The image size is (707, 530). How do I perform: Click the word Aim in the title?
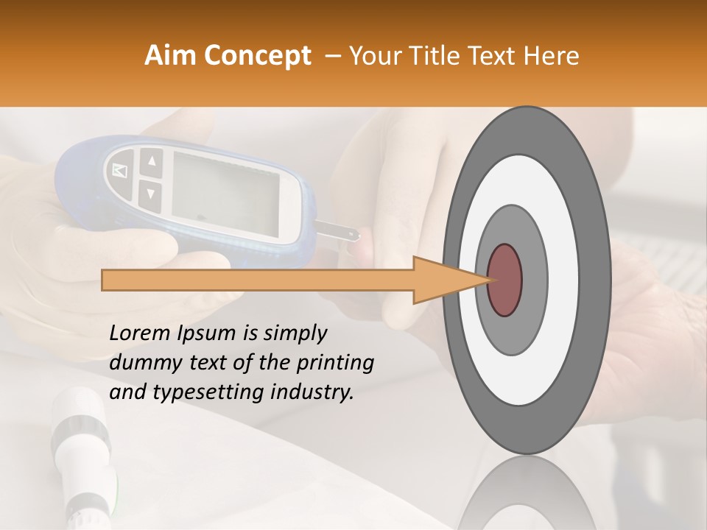pos(171,56)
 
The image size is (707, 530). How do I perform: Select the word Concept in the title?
pos(257,56)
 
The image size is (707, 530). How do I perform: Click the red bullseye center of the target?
pos(504,280)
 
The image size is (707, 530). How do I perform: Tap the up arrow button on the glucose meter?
pos(151,161)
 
